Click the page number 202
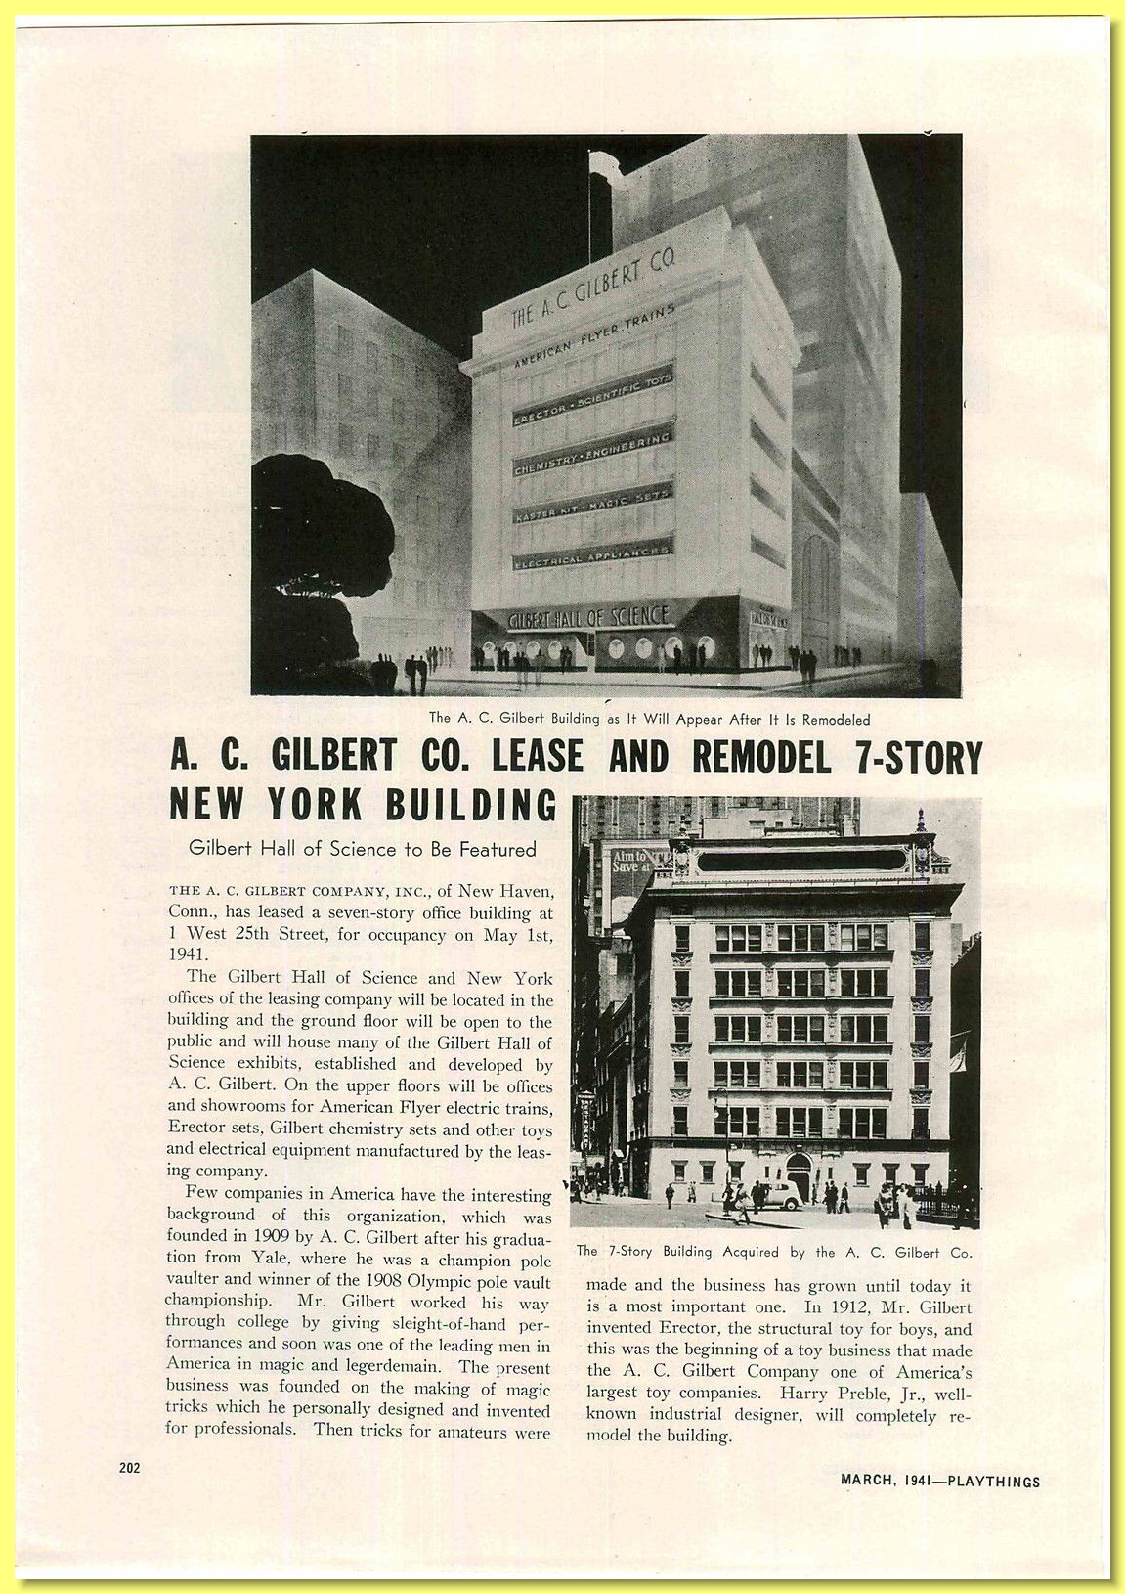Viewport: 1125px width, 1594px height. click(129, 1467)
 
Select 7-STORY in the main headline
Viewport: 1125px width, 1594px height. click(918, 756)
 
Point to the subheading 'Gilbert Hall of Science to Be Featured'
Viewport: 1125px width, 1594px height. click(363, 849)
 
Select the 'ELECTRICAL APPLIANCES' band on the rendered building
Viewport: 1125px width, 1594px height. click(592, 554)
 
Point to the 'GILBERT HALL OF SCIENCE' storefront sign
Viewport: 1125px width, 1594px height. click(589, 616)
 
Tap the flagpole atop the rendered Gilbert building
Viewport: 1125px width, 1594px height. click(589, 196)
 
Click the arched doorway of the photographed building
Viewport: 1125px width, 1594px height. click(799, 1173)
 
